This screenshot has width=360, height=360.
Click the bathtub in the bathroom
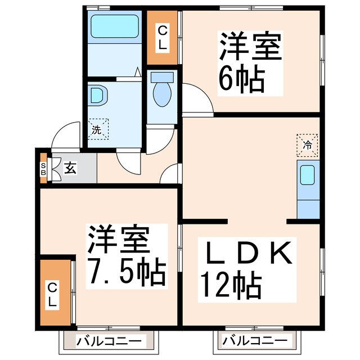(x=114, y=26)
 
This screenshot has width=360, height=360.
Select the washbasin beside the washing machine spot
(x=96, y=96)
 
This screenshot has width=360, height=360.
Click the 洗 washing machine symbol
(x=96, y=129)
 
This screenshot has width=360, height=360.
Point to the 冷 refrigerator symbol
(x=308, y=145)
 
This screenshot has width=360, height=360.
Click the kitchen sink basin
(x=307, y=176)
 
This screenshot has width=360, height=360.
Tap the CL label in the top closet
(x=162, y=37)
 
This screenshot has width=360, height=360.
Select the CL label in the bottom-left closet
(x=52, y=294)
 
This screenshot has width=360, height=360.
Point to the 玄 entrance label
(x=70, y=167)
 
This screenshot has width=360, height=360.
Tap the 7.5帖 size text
(x=125, y=272)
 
